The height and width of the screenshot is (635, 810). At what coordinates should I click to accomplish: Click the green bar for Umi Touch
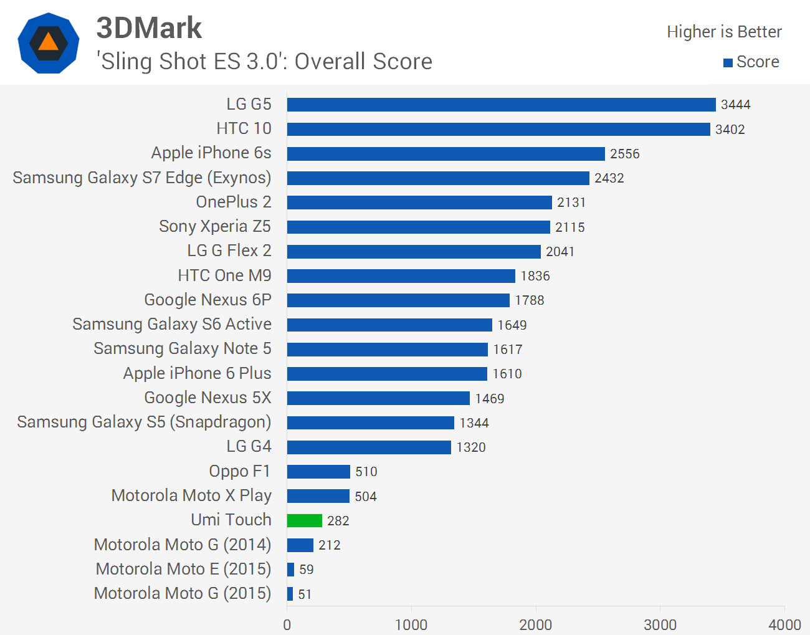(305, 520)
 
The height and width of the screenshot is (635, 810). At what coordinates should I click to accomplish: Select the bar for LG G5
(501, 105)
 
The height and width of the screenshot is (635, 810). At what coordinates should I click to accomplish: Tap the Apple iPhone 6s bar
(445, 153)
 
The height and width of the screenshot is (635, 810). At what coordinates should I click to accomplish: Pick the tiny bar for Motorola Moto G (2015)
(290, 594)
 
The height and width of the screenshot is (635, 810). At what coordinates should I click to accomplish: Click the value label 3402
(730, 130)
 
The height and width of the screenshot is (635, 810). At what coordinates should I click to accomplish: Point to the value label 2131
(571, 203)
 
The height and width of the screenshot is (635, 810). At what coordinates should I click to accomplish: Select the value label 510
(366, 472)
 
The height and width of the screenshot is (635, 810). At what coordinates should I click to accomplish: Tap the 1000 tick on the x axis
(411, 624)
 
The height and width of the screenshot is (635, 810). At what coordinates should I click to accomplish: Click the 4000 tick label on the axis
(784, 624)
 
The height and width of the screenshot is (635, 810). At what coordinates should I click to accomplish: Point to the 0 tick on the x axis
(287, 624)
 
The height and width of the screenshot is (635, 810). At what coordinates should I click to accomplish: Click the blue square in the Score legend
(728, 63)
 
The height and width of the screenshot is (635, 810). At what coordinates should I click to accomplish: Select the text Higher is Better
(724, 32)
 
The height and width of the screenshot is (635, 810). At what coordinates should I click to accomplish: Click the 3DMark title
(149, 28)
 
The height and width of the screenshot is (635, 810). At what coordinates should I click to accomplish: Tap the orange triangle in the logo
(48, 42)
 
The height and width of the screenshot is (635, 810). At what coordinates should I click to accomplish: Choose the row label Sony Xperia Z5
(215, 226)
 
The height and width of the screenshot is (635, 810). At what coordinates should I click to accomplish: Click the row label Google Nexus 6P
(207, 300)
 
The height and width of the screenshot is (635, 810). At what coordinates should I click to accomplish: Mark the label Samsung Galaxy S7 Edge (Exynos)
(142, 178)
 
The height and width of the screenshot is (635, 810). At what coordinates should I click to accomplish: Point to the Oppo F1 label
(240, 471)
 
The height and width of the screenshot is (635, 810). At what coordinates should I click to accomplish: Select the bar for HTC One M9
(401, 275)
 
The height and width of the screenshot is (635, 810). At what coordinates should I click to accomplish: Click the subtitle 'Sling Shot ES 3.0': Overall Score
(264, 62)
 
